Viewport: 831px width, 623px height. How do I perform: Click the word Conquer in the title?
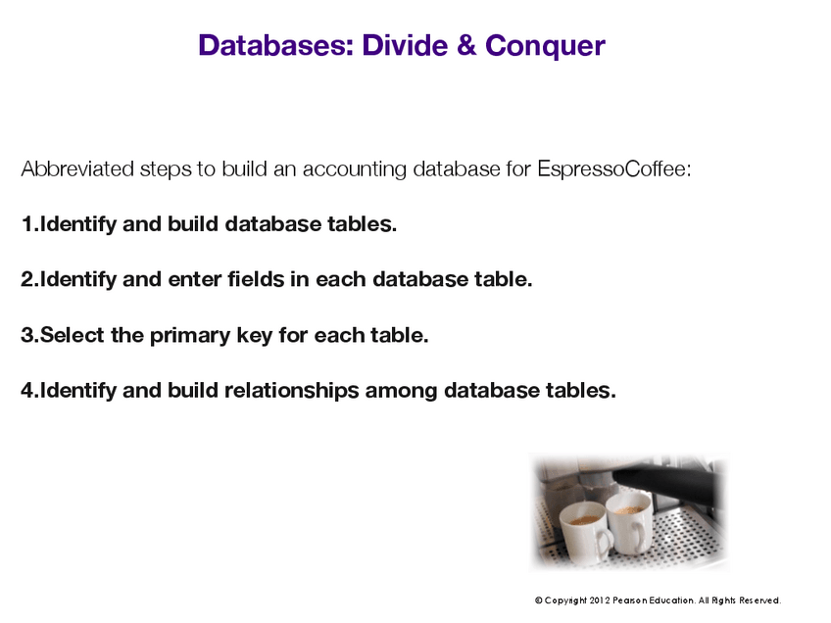(x=545, y=46)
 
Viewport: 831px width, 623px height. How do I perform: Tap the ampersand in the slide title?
(x=465, y=45)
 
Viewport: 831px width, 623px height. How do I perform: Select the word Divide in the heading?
(x=406, y=45)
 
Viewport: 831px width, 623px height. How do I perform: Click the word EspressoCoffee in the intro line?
(x=614, y=169)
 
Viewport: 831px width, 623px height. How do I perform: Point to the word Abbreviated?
(x=77, y=169)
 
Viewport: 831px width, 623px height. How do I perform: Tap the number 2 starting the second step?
(x=27, y=280)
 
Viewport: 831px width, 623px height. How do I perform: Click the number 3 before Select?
(x=27, y=335)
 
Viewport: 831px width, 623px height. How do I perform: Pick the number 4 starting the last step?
(x=27, y=391)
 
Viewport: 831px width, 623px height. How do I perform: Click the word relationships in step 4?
(x=291, y=391)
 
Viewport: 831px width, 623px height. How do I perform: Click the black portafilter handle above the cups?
(x=666, y=480)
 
